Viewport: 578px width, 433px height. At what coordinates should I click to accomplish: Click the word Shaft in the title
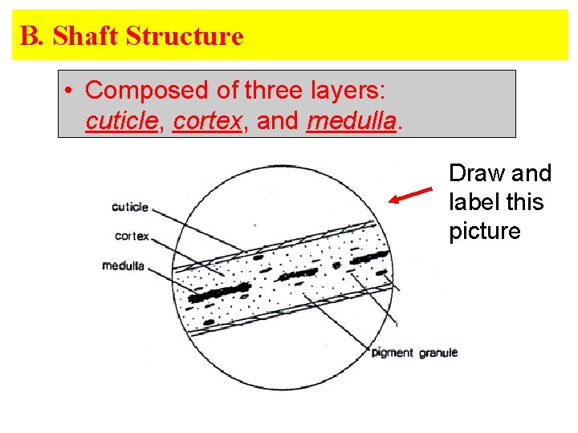click(x=85, y=36)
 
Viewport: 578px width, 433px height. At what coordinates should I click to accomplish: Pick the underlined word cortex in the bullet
click(x=208, y=121)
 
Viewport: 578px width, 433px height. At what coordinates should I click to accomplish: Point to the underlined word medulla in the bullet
click(x=352, y=121)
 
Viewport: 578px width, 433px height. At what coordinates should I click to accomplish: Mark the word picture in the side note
click(x=485, y=231)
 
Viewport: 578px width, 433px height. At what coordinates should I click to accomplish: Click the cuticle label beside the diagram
click(x=130, y=207)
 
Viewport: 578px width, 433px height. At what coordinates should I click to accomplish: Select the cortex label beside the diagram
click(x=132, y=236)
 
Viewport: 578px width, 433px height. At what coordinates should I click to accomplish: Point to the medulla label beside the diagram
click(x=123, y=265)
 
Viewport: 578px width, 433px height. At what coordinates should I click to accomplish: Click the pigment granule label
click(x=414, y=353)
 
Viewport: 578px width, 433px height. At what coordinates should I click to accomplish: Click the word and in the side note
click(x=533, y=173)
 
